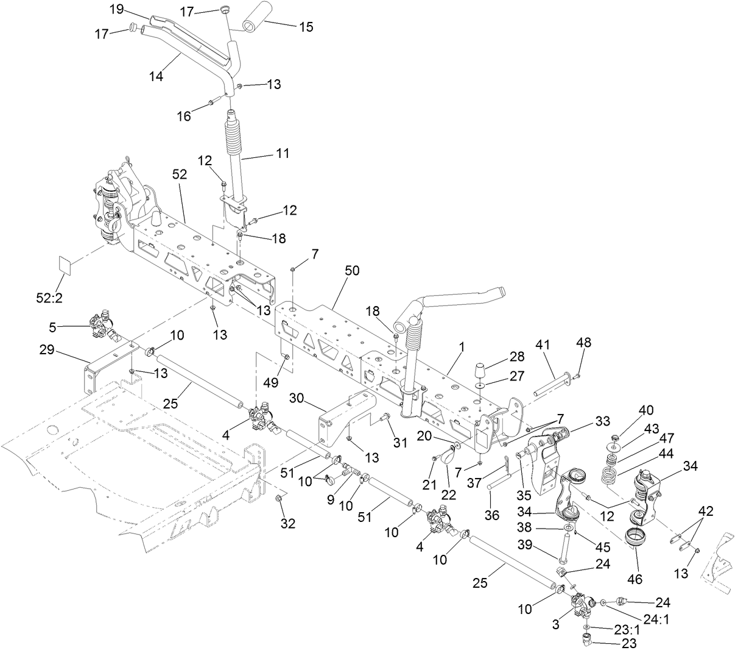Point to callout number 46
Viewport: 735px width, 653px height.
click(636, 579)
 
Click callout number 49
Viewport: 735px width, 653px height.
click(270, 382)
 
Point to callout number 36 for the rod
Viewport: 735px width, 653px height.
click(491, 515)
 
